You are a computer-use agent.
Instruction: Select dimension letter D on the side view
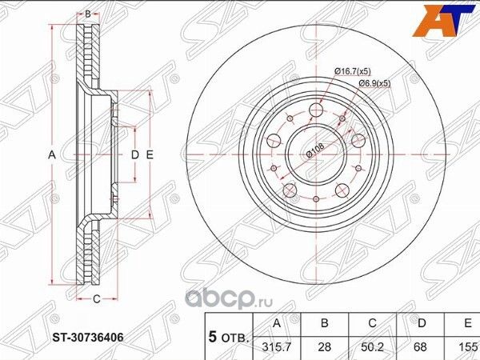click(134, 154)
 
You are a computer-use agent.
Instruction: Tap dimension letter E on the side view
click(149, 154)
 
